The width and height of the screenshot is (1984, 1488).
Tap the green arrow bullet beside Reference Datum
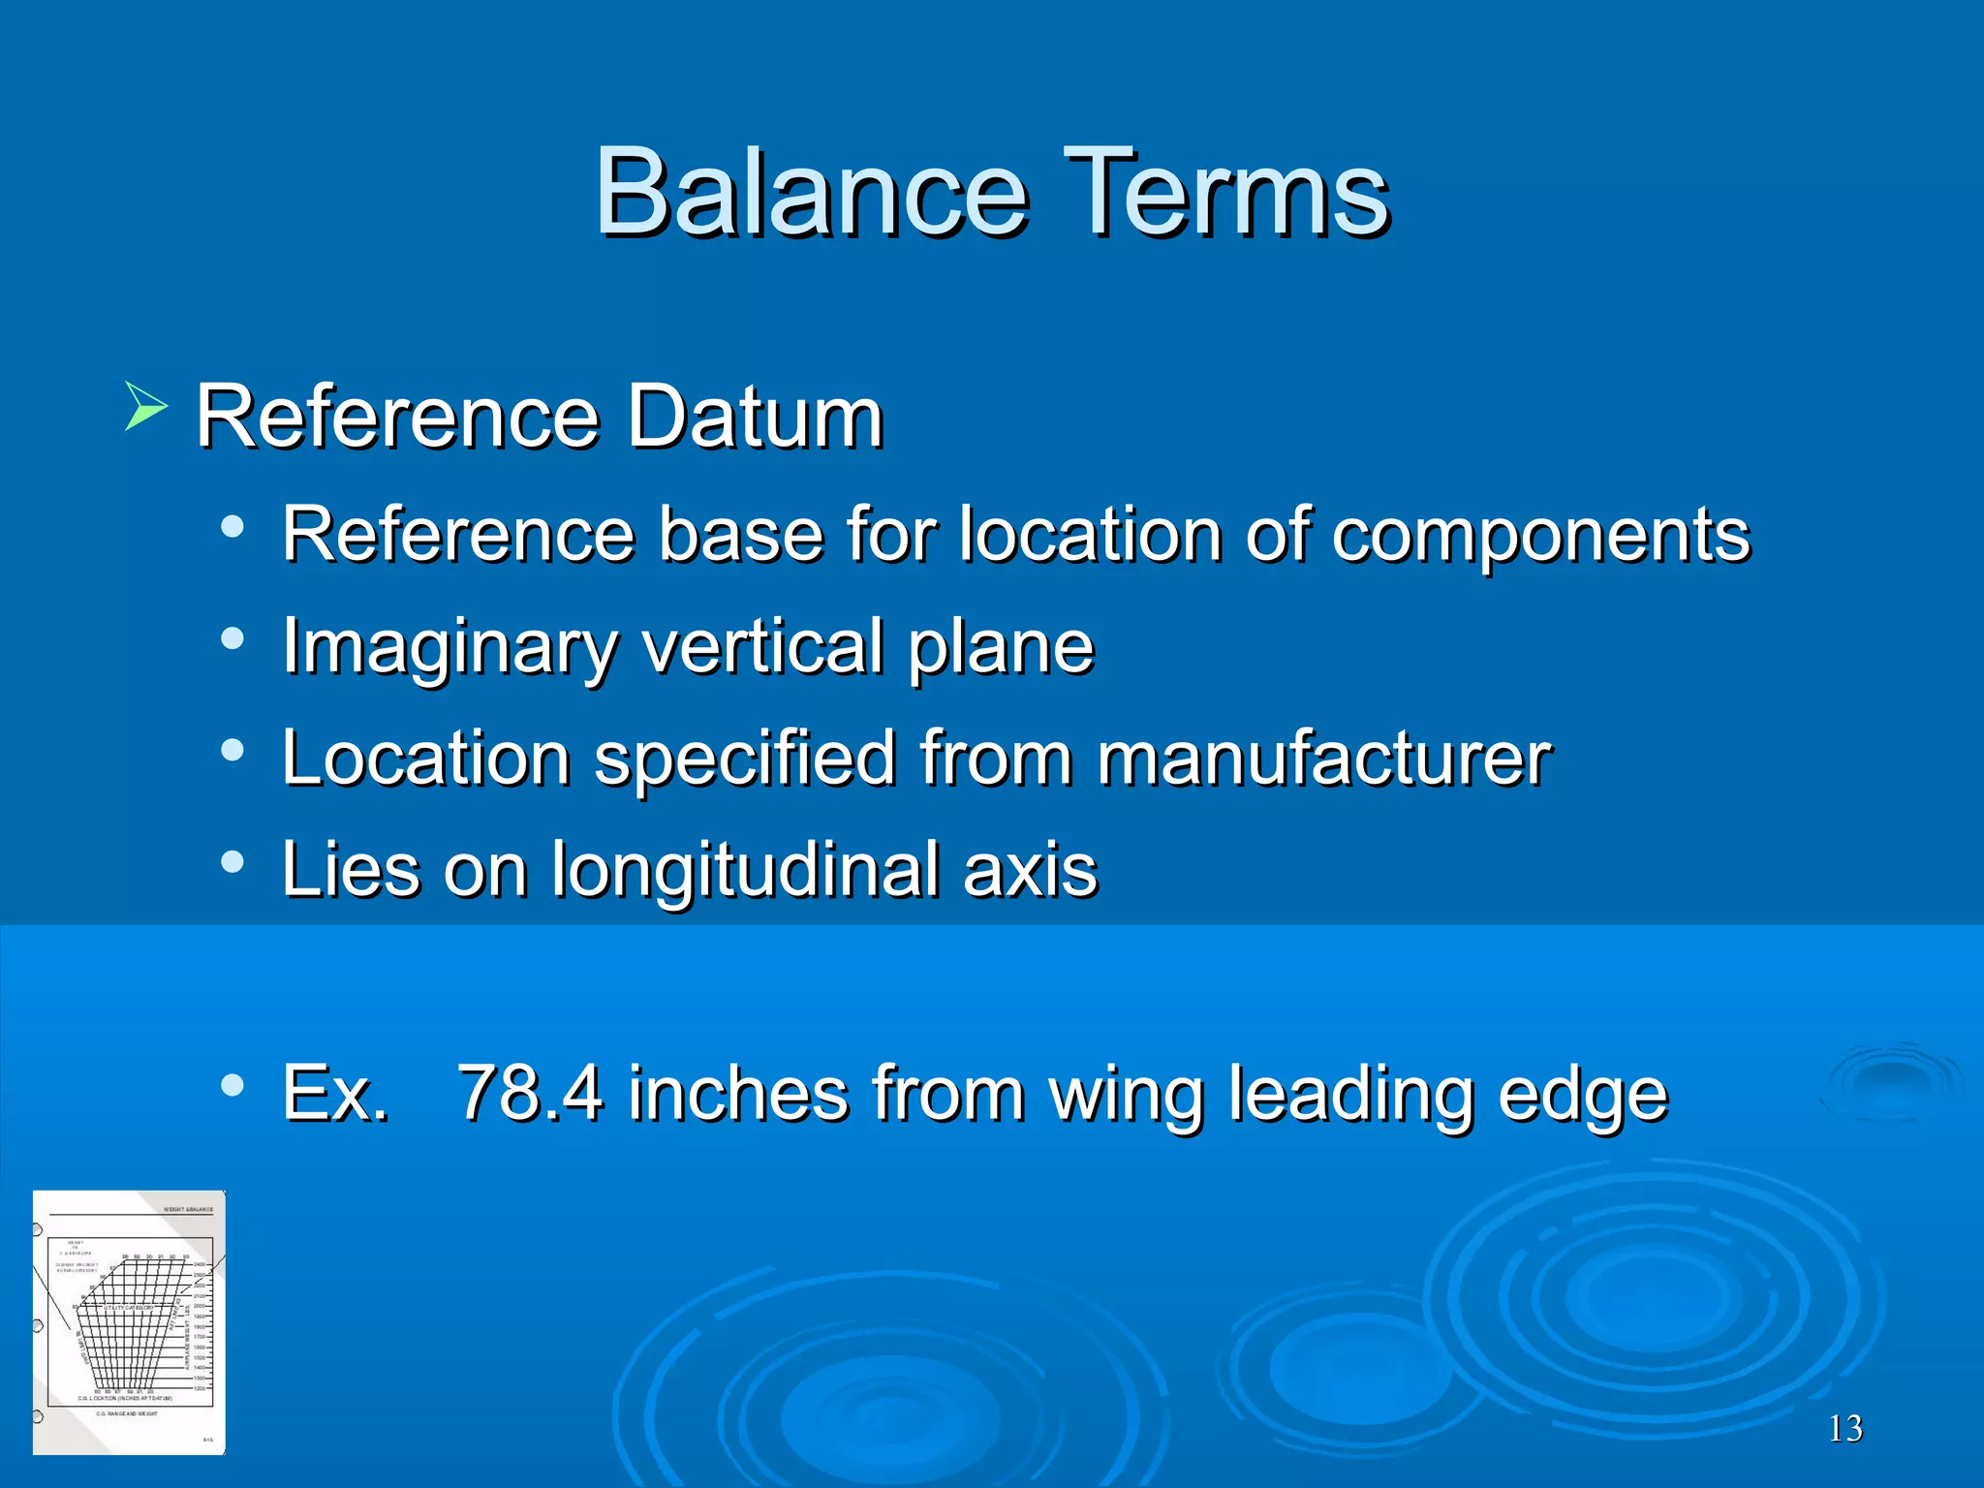pyautogui.click(x=146, y=407)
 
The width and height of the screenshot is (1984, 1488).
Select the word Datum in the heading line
pyautogui.click(x=755, y=418)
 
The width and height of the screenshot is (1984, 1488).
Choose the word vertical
pyautogui.click(x=762, y=645)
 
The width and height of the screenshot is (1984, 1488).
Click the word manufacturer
pyautogui.click(x=1323, y=758)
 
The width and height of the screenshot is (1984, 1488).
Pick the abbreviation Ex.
pyautogui.click(x=335, y=1094)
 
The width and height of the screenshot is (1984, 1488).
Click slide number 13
pyautogui.click(x=1844, y=1429)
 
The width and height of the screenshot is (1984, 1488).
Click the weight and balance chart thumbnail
pyautogui.click(x=129, y=1322)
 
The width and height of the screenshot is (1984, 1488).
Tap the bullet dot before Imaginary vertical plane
pyautogui.click(x=232, y=638)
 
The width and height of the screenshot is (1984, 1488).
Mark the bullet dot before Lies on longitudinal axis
pyautogui.click(x=232, y=861)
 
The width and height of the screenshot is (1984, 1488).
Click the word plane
pyautogui.click(x=1001, y=646)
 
